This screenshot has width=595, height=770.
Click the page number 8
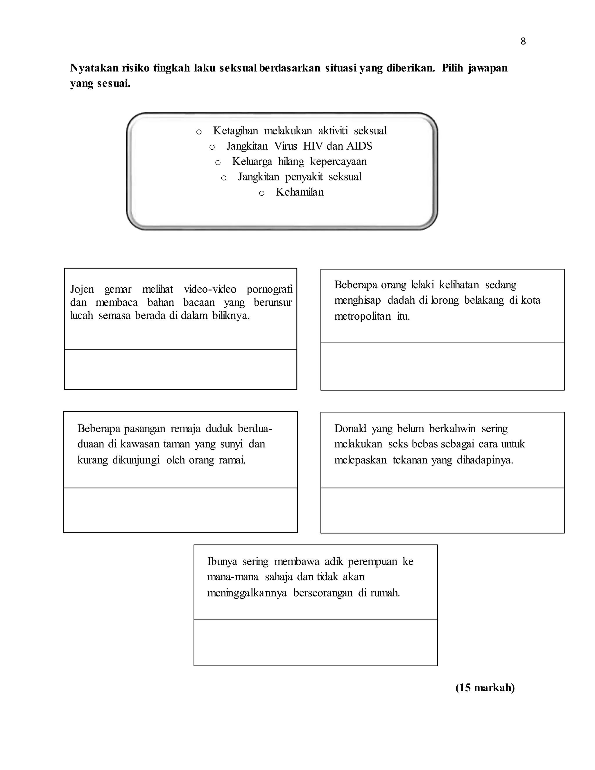[x=523, y=42]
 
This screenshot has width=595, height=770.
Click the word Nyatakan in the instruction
[x=94, y=68]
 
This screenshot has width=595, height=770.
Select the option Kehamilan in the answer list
[x=300, y=192]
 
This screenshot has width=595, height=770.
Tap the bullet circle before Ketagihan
[x=199, y=132]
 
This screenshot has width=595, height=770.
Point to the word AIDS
[x=359, y=146]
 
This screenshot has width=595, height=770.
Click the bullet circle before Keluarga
[x=218, y=162]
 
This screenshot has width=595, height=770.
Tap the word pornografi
[x=269, y=289]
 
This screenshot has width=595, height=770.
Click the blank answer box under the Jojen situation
[x=180, y=369]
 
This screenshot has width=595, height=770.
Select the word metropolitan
[x=362, y=316]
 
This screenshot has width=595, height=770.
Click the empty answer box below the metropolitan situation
[x=442, y=366]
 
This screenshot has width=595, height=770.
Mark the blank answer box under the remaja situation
[x=180, y=510]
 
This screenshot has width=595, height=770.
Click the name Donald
[x=350, y=428]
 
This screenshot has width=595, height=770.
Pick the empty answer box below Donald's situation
[x=442, y=510]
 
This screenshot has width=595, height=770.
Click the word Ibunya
[x=222, y=561]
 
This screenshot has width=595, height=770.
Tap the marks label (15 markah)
[x=485, y=687]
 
